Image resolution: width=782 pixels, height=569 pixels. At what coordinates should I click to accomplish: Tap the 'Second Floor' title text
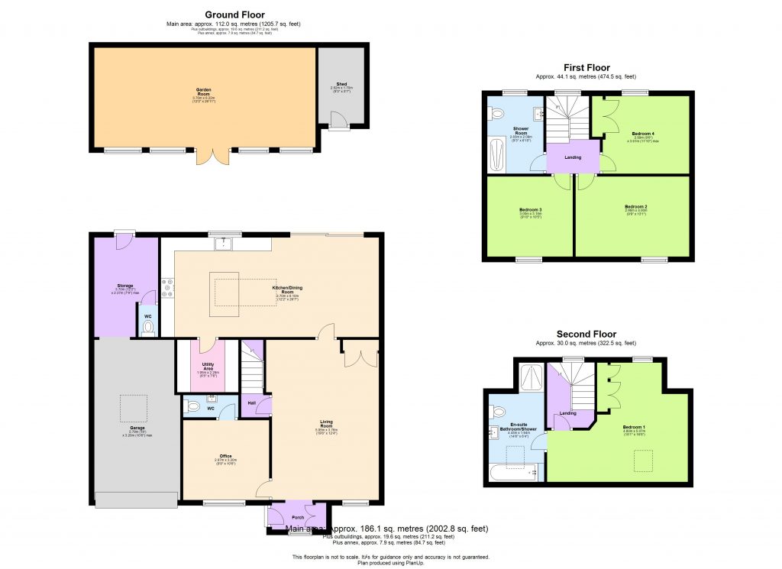pyautogui.click(x=586, y=335)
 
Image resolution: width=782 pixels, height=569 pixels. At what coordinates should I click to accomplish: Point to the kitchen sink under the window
pyautogui.click(x=224, y=244)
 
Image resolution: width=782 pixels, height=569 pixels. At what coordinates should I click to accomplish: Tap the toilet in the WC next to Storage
pyautogui.click(x=148, y=327)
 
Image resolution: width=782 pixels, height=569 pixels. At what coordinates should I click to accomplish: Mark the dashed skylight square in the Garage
pyautogui.click(x=134, y=408)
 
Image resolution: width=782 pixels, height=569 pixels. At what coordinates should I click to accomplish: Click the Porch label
pyautogui.click(x=299, y=517)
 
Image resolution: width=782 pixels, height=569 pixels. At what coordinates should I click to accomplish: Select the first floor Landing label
pyautogui.click(x=573, y=157)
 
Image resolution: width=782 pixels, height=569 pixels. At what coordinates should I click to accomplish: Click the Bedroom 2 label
pyautogui.click(x=635, y=207)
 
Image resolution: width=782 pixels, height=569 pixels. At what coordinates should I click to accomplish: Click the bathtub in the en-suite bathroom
pyautogui.click(x=515, y=474)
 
